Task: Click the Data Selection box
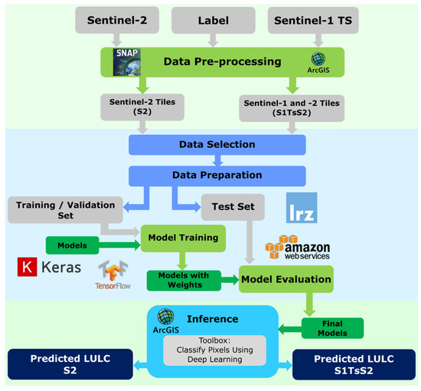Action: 217,144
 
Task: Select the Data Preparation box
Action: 217,175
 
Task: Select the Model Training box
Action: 183,238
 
